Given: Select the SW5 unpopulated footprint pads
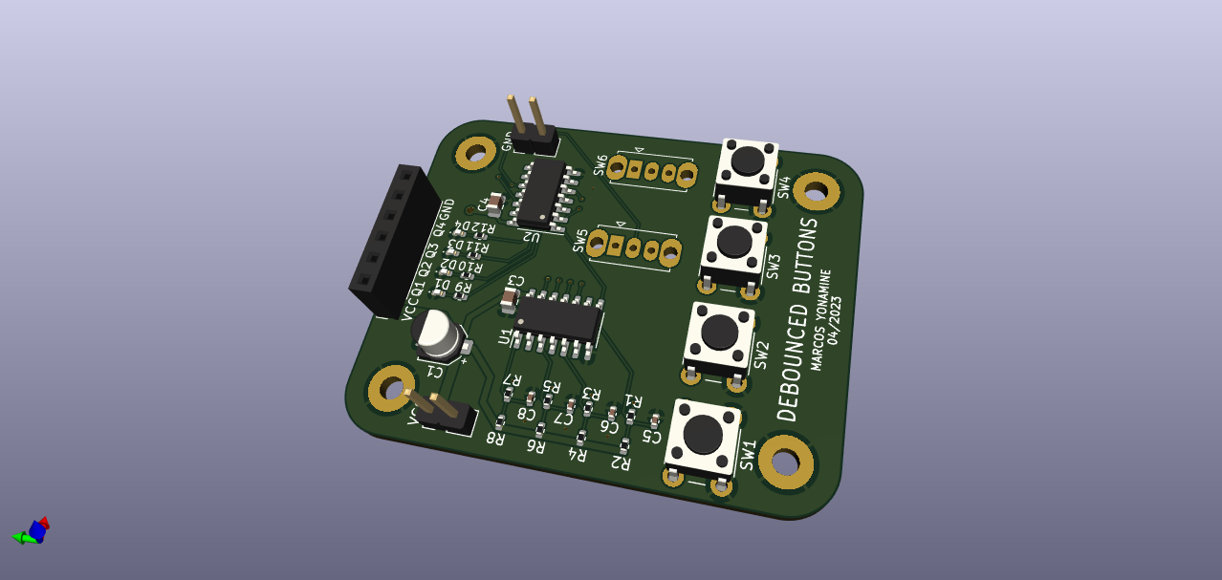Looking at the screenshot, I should [x=632, y=247].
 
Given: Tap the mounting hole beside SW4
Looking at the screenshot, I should [x=816, y=192].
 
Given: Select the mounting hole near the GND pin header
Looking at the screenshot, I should [x=475, y=152].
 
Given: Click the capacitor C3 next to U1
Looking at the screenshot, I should [x=509, y=301].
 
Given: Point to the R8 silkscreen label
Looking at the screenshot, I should [x=494, y=439].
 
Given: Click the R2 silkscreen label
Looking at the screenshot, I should [x=620, y=462].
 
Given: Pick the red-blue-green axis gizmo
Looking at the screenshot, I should [x=33, y=531].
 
